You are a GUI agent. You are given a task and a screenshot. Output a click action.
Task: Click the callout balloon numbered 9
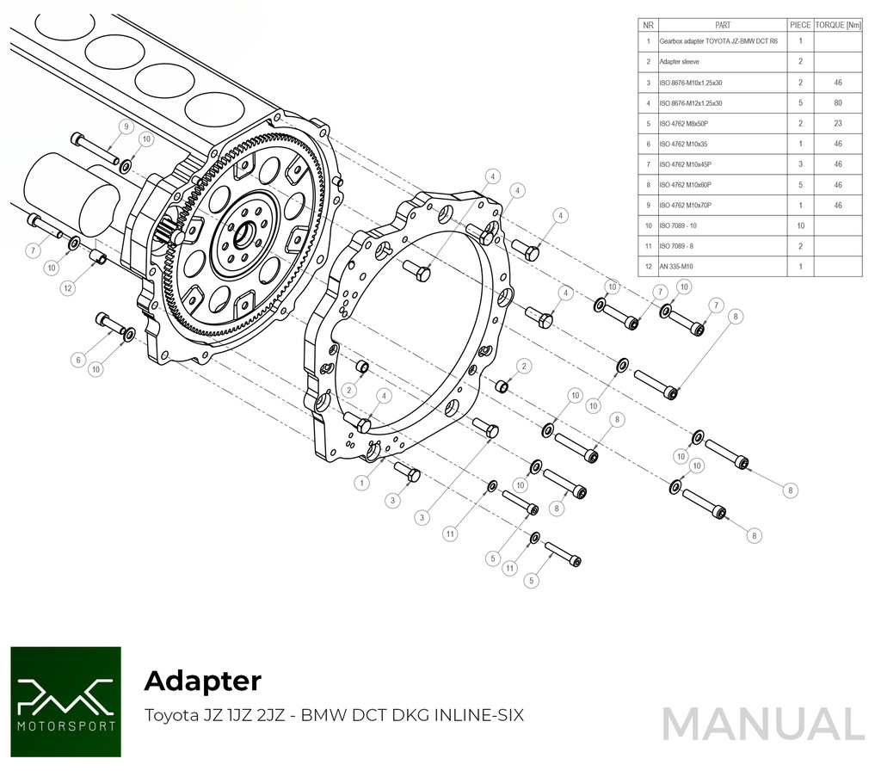(126, 126)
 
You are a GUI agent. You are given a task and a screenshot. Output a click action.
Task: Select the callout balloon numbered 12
(68, 288)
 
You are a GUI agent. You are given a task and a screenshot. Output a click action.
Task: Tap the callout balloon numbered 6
(78, 360)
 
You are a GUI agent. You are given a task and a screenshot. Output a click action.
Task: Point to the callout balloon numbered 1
(362, 484)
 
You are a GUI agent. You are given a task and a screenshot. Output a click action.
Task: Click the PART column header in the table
(722, 25)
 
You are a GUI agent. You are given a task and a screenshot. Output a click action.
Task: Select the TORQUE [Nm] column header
(837, 25)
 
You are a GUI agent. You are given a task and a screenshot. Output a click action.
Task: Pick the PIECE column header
(800, 25)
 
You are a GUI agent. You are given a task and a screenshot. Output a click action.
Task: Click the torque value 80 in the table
(837, 103)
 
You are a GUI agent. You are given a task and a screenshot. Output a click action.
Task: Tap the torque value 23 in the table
(837, 124)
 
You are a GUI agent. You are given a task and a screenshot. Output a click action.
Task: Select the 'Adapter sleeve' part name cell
(680, 62)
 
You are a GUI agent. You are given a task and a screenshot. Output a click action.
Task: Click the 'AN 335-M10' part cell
(677, 267)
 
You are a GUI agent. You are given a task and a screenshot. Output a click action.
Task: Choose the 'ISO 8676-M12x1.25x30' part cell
(691, 103)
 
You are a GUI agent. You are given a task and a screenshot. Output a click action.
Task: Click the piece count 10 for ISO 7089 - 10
(800, 226)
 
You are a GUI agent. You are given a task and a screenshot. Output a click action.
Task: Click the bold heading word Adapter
(202, 681)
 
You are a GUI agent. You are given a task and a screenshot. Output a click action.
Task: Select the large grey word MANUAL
(762, 724)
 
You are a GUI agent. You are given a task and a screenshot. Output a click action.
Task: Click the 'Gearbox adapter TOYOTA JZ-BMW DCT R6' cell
(718, 41)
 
